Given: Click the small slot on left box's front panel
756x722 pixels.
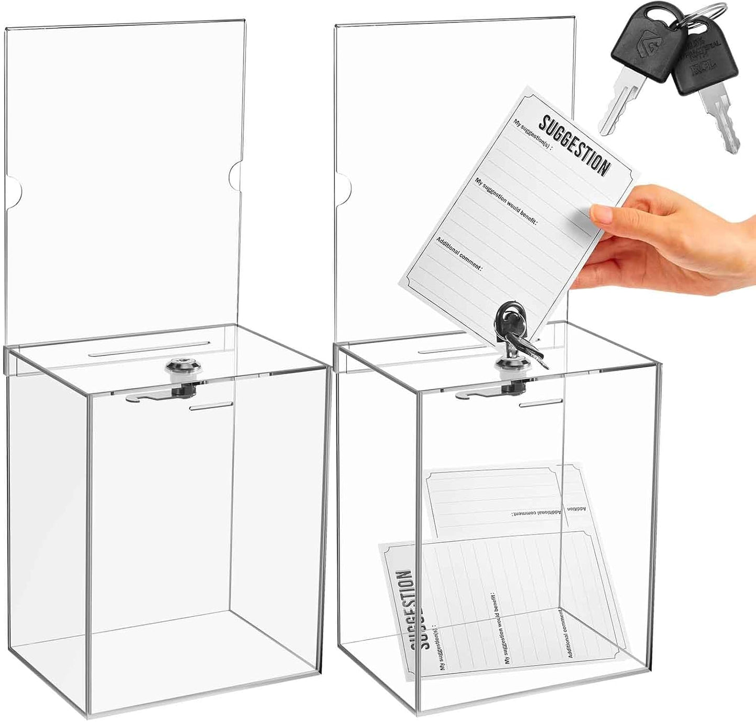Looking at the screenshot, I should [x=211, y=406].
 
